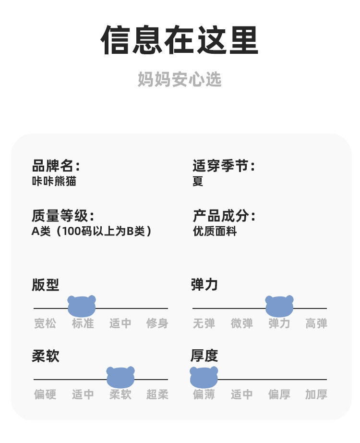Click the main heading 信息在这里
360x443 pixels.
point(180,40)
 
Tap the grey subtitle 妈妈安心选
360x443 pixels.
point(180,79)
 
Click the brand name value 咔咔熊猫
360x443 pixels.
point(54,182)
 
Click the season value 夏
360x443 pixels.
point(198,182)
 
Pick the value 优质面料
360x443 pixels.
point(215,231)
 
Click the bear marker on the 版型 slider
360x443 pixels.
point(82,306)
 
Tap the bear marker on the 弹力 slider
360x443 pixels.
point(279,306)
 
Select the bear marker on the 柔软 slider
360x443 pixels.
point(120,377)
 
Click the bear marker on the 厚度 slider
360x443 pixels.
point(204,377)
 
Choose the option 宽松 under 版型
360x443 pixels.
point(45,323)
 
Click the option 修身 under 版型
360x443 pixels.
point(157,323)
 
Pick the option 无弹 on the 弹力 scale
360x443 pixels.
point(204,323)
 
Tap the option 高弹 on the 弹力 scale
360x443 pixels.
point(316,323)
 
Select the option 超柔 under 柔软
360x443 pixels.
point(157,394)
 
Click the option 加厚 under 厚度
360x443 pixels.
point(316,394)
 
